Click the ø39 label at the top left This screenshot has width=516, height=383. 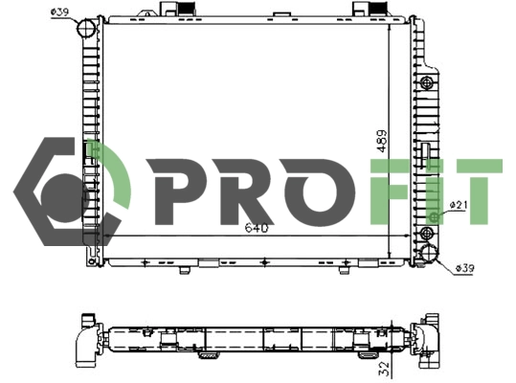pyautogui.click(x=58, y=11)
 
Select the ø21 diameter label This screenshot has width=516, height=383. pyautogui.click(x=458, y=205)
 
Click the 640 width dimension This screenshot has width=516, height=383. pyautogui.click(x=257, y=229)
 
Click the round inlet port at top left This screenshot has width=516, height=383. pyautogui.click(x=88, y=29)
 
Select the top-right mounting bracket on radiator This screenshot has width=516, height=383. pyautogui.click(x=370, y=10)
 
